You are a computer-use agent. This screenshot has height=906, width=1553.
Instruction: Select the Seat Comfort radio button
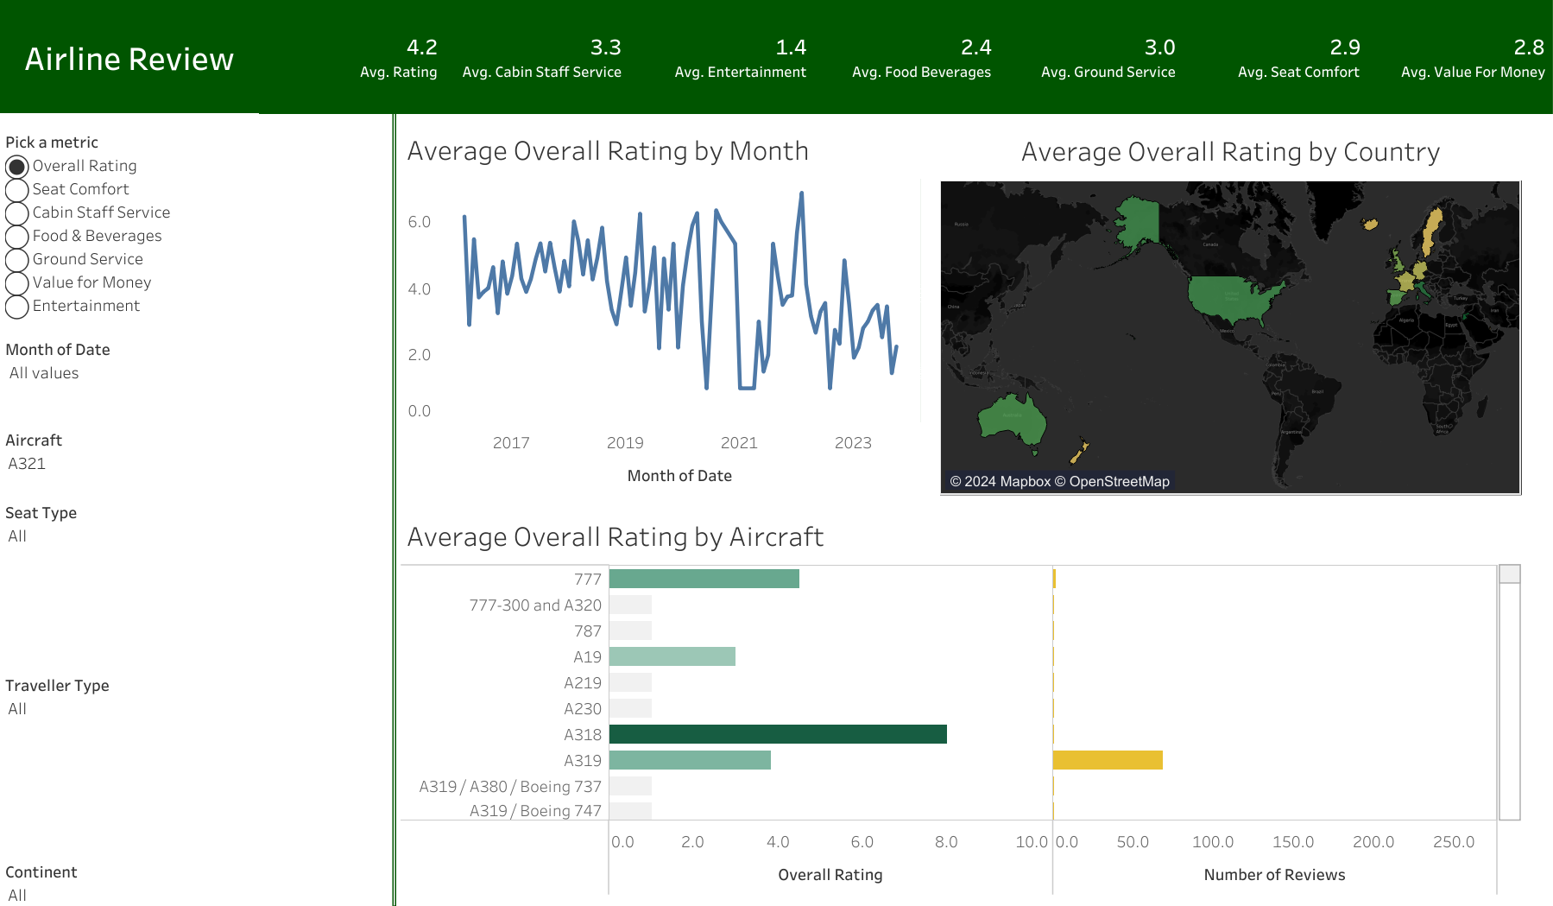pyautogui.click(x=17, y=190)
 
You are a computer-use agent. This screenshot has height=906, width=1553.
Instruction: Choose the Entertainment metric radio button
pyautogui.click(x=17, y=307)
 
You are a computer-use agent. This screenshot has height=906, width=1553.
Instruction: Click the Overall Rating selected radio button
pyautogui.click(x=17, y=166)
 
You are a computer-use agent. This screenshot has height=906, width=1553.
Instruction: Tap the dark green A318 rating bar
pyautogui.click(x=777, y=734)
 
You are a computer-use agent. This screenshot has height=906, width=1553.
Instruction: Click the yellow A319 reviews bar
pyautogui.click(x=1107, y=760)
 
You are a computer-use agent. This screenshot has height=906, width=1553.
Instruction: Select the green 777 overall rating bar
pyautogui.click(x=704, y=579)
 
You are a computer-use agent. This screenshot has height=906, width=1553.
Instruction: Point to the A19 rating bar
pyautogui.click(x=672, y=656)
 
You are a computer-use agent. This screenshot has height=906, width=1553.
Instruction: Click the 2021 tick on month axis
pyautogui.click(x=739, y=443)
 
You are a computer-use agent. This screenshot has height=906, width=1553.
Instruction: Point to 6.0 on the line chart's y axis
pyautogui.click(x=420, y=222)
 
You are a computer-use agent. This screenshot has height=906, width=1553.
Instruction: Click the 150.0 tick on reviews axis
pyautogui.click(x=1292, y=842)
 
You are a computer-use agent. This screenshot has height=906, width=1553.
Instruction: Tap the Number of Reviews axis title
pyautogui.click(x=1274, y=875)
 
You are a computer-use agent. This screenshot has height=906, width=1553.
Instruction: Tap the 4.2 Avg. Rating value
pyautogui.click(x=421, y=48)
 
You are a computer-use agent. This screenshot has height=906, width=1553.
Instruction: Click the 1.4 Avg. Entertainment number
pyautogui.click(x=790, y=48)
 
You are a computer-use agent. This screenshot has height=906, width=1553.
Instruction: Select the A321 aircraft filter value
pyautogui.click(x=27, y=464)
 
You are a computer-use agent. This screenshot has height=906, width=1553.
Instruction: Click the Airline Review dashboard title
pyautogui.click(x=129, y=59)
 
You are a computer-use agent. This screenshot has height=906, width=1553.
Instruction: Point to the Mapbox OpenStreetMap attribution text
pyautogui.click(x=1059, y=482)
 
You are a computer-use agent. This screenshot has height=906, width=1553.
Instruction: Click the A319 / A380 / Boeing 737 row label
pyautogui.click(x=509, y=787)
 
